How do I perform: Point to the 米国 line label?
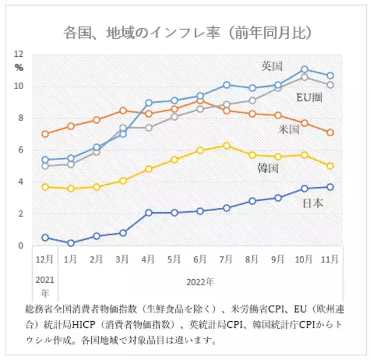pos(289,130)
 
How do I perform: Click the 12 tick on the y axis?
pos(18,54)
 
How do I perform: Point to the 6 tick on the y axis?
pos(20,150)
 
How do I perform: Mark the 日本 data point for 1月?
pos(71,243)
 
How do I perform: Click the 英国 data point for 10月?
pos(305,70)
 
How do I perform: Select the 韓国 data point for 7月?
pos(227,146)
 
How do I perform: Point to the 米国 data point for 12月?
pos(45,134)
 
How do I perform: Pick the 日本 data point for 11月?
pos(331,187)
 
